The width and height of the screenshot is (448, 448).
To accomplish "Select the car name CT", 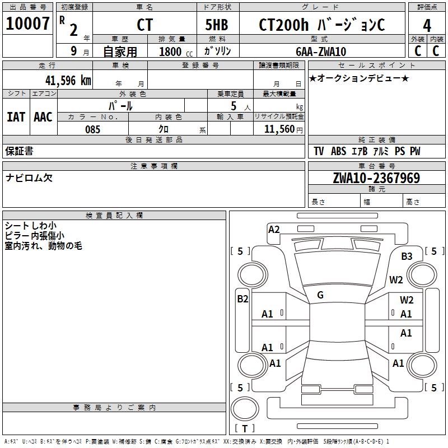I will pos(144,25).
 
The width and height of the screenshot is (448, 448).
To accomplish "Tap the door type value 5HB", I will pos(217,25).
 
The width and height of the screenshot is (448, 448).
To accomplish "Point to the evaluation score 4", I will pos(427,25).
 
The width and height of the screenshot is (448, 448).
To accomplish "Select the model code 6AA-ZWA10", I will pos(321,52).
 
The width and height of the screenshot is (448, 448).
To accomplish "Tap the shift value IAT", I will pos(16,116).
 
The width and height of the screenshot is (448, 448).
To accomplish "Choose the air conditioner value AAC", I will pos(43,116).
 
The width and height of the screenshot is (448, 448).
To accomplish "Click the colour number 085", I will pos(92,129).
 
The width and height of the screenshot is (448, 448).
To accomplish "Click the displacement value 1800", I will pos(170,52).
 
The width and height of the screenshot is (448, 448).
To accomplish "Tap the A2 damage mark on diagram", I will pos(274,229).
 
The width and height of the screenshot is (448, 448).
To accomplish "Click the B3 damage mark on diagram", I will pos(407,256).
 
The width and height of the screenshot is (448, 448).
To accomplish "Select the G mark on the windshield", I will pos(320,295).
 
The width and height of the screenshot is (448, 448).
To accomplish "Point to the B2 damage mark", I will pos(242,299).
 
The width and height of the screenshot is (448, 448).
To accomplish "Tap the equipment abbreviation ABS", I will pos(338,151).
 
